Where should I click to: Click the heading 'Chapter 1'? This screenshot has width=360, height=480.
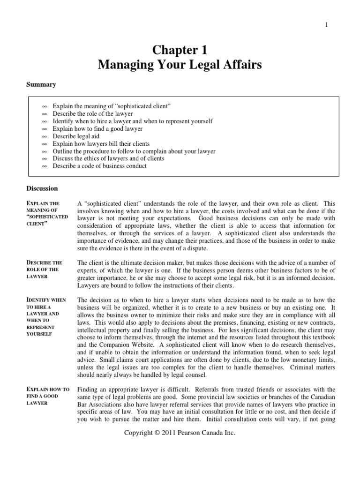pos(180,49)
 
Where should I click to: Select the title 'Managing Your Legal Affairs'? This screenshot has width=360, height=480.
pos(180,65)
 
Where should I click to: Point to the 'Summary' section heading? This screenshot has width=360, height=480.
pos(41,85)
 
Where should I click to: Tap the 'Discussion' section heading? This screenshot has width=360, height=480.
pos(42,188)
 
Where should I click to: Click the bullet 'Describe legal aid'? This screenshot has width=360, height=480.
pos(76,136)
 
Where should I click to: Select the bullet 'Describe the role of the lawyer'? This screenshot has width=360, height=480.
pos(92,114)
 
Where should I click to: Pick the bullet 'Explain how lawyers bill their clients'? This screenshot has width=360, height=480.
pos(101,143)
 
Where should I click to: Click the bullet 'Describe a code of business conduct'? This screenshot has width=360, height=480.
pos(99,166)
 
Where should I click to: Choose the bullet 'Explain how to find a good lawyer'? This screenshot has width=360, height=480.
pos(97,128)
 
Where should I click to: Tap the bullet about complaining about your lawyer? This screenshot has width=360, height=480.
pos(134,151)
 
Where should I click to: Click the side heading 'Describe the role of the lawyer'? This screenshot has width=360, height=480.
pos(44,270)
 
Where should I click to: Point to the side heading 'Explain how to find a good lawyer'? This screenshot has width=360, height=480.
pos(48,396)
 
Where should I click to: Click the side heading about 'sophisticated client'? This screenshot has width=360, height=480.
pos(47,214)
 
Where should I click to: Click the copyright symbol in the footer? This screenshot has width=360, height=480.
pos(157,433)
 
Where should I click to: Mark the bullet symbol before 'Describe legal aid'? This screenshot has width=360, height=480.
pos(45,136)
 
